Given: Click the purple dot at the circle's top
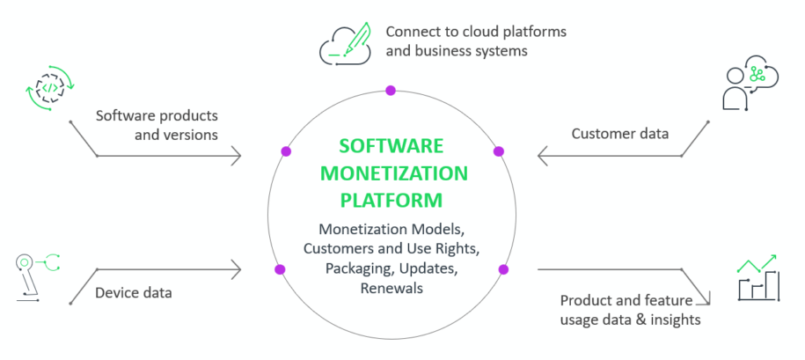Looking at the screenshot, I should click(391, 90).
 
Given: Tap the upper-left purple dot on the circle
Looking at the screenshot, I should click(285, 151).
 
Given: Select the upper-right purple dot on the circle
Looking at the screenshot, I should click(498, 151).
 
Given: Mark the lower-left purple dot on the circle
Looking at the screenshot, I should click(280, 269).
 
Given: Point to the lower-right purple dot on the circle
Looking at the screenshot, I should click(504, 269).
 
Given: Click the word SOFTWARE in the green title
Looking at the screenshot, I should click(392, 145).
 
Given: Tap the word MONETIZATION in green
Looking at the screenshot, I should click(392, 173).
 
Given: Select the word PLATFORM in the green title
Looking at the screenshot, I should click(392, 200).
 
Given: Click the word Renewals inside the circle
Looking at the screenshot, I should click(392, 288).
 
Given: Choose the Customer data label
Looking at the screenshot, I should click(619, 134).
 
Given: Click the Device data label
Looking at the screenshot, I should click(134, 291).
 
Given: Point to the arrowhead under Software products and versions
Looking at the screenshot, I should click(236, 157).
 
